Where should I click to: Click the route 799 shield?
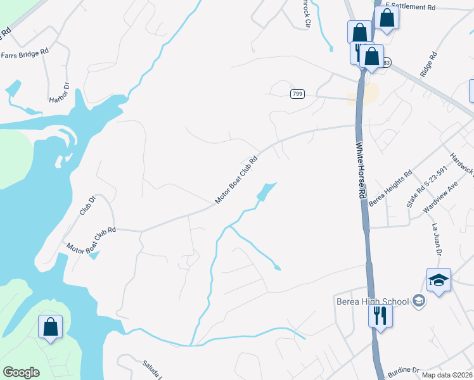[297, 94]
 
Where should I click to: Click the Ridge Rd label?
[429, 64]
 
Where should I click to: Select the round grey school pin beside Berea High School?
[418, 301]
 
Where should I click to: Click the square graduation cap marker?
[439, 280]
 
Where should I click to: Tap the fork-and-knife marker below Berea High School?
[380, 315]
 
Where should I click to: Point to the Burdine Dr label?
[403, 370]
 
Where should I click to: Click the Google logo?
[21, 372]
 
